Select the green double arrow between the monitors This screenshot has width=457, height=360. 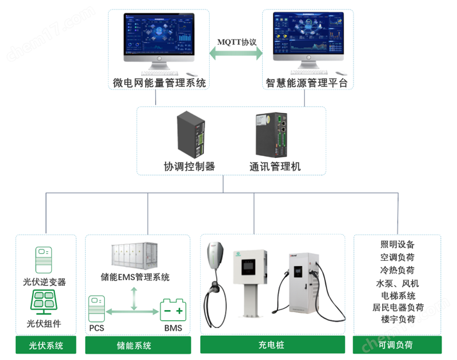[236, 56]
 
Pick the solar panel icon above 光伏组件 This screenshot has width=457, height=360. [45, 302]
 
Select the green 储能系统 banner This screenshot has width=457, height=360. [137, 346]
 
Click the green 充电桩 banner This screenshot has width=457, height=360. [271, 345]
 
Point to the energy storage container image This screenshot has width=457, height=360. [137, 256]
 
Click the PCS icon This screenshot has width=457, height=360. [97, 309]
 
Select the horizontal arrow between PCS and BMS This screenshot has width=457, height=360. [133, 311]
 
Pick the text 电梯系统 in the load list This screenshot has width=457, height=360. [398, 295]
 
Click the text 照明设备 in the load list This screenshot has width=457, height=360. [398, 244]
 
